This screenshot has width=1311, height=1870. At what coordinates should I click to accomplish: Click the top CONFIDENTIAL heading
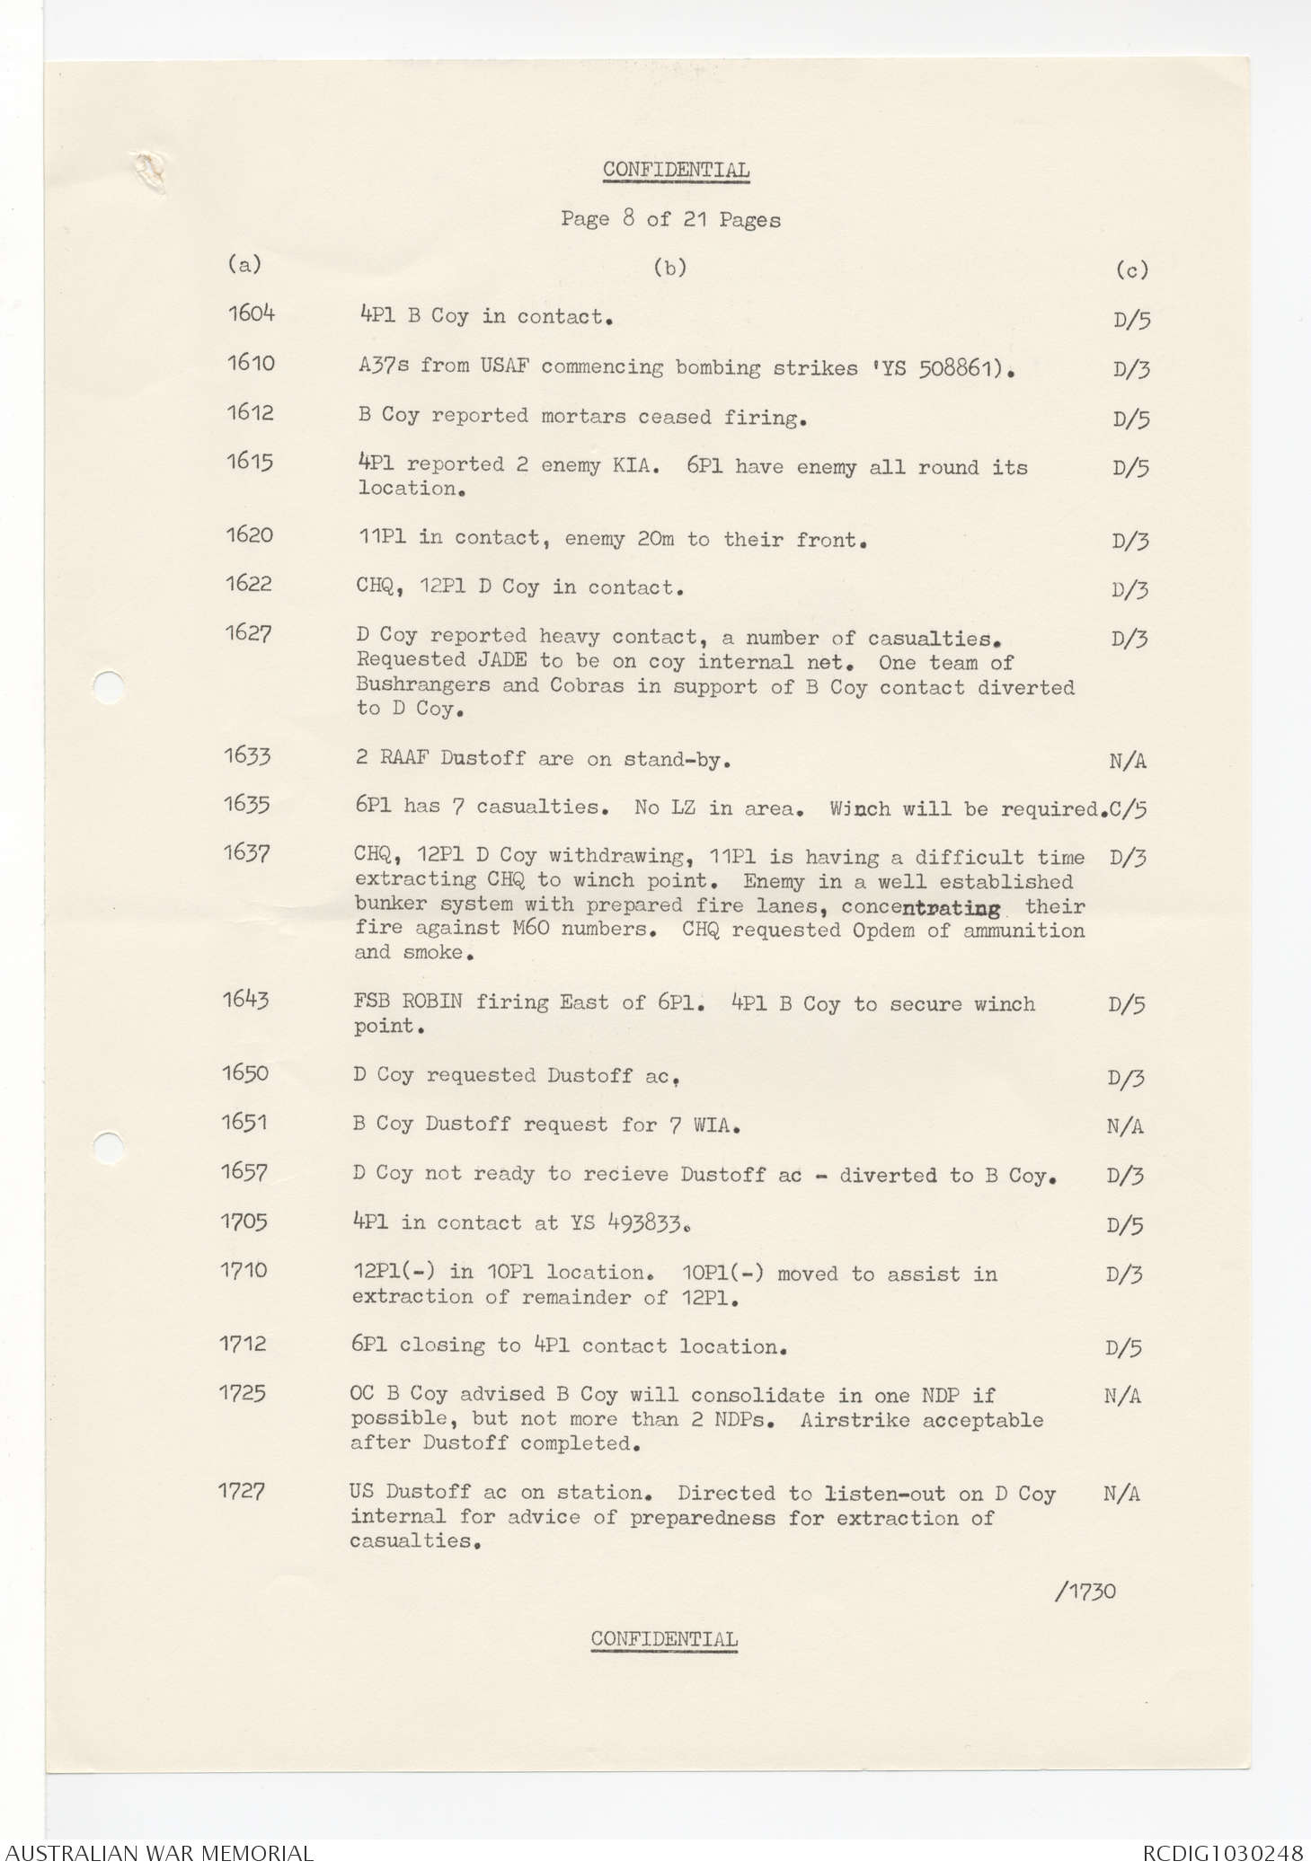676,170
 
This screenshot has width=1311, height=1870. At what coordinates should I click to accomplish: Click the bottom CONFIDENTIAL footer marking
664,1639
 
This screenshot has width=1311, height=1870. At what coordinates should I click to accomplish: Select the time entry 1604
251,313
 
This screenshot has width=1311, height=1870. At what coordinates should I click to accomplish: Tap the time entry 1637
246,854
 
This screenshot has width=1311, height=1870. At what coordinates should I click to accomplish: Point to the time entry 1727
241,1492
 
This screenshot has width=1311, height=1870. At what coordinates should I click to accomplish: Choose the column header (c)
1131,269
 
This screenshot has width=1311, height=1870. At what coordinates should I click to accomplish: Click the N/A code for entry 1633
1128,762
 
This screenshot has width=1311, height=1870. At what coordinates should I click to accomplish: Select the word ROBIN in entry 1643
431,1001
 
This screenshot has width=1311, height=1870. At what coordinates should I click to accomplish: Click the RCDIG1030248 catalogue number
1223,1854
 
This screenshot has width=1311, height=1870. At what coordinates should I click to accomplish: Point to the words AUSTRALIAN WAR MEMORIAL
157,1854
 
